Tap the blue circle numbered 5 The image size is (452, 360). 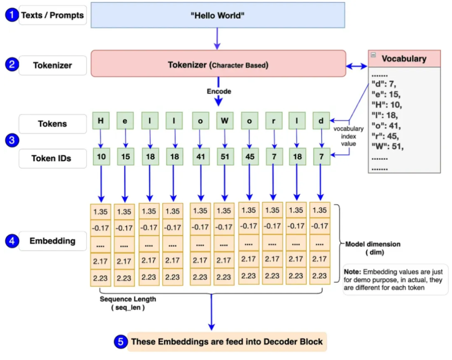coord(120,342)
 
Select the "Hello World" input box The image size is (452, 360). coord(218,15)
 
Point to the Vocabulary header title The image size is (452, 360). coord(403,59)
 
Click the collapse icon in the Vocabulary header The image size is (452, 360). coord(373,55)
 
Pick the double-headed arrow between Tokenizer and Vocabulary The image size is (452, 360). coord(357,66)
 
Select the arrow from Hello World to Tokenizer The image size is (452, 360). coord(217,38)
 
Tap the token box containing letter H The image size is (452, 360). coord(100,120)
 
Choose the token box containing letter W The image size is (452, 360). coord(225,120)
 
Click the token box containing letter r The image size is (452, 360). coord(273,120)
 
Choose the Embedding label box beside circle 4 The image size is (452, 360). coord(52,241)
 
